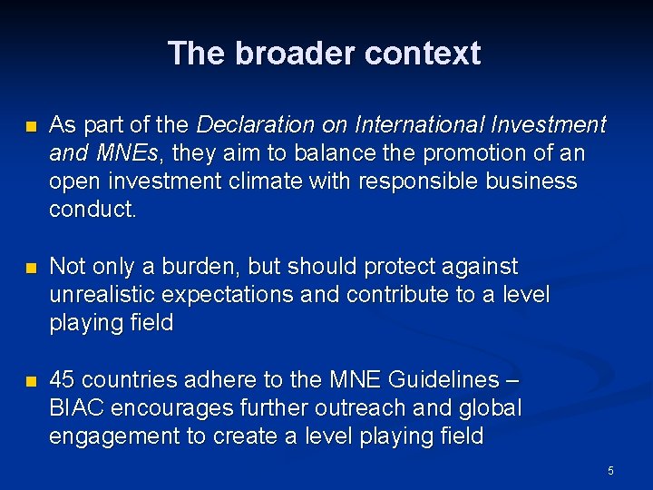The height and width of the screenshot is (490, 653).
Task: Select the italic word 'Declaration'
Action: pyautogui.click(x=252, y=124)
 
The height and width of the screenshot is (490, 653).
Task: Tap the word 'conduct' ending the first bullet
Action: pyautogui.click(x=93, y=210)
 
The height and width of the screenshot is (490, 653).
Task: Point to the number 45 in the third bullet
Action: pyautogui.click(x=63, y=380)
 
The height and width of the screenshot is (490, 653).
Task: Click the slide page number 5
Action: pyautogui.click(x=610, y=470)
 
